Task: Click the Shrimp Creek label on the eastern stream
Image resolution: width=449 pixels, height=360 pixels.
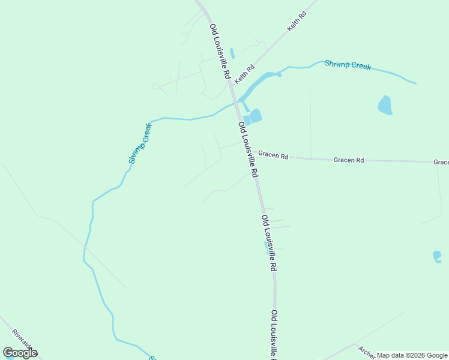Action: pyautogui.click(x=348, y=65)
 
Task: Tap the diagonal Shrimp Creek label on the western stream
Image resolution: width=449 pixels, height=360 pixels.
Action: pyautogui.click(x=140, y=144)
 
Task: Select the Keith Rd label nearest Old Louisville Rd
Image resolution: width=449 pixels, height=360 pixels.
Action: pyautogui.click(x=245, y=75)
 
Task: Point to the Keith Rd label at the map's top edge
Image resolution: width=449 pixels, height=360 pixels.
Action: pyautogui.click(x=297, y=22)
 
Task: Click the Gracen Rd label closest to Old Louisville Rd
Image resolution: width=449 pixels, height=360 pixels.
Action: pyautogui.click(x=273, y=155)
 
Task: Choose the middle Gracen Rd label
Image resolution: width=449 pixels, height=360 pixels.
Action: pyautogui.click(x=349, y=160)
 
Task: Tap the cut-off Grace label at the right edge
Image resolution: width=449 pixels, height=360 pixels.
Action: pyautogui.click(x=441, y=162)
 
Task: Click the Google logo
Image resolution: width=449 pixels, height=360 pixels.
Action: pyautogui.click(x=20, y=353)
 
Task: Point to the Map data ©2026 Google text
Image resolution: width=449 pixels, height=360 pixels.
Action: pyautogui.click(x=412, y=355)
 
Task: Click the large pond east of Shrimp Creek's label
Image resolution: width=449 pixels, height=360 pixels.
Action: pyautogui.click(x=385, y=105)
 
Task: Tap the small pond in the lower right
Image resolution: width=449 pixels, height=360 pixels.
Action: pyautogui.click(x=437, y=256)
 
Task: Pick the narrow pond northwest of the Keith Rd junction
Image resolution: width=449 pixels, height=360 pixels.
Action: pyautogui.click(x=232, y=53)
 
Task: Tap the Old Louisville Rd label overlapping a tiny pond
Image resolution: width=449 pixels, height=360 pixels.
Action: pyautogui.click(x=268, y=243)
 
